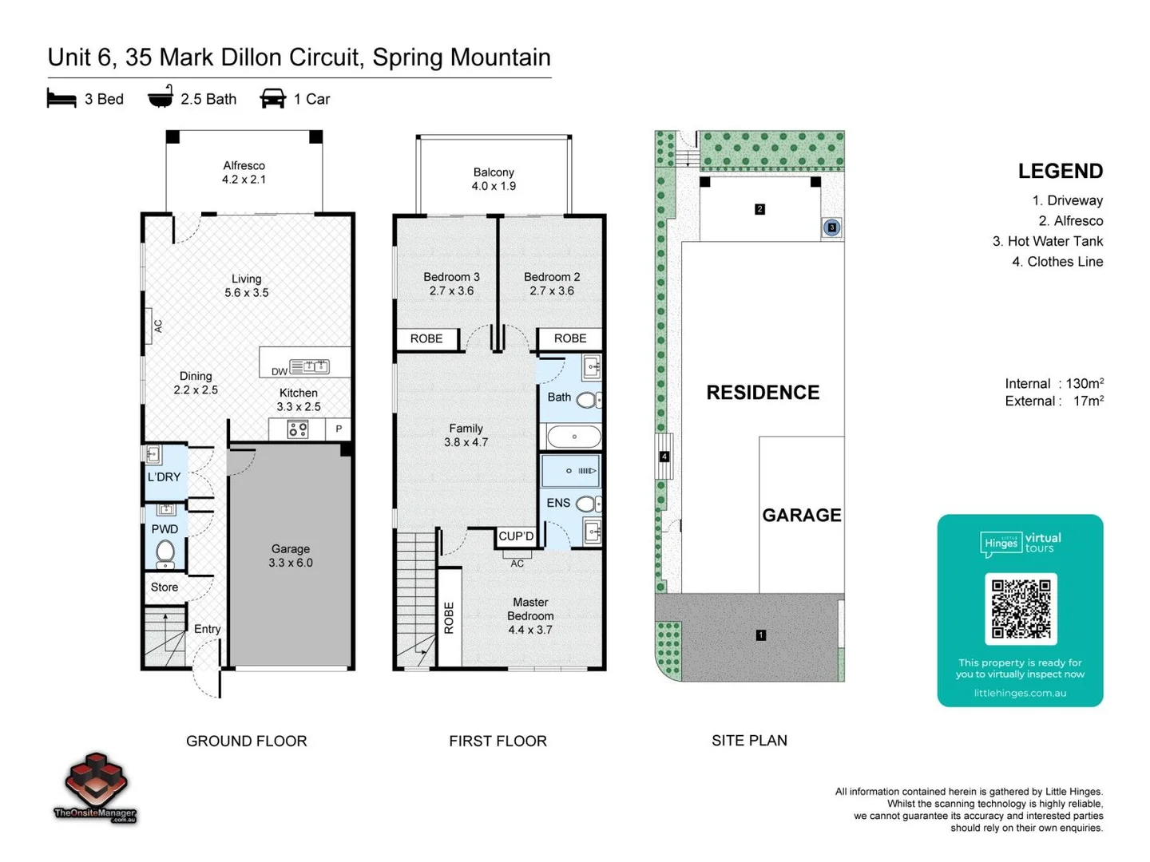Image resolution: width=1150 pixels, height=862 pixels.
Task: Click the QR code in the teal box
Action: tap(1021, 609)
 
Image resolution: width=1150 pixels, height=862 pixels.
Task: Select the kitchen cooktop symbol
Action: tap(298, 429)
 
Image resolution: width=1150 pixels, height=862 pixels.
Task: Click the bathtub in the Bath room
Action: tap(573, 437)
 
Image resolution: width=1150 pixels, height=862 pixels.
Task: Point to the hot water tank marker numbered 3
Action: tap(831, 227)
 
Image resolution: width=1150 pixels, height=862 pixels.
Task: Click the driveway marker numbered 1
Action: tap(761, 635)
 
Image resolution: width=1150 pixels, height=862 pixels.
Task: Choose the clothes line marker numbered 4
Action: tap(664, 457)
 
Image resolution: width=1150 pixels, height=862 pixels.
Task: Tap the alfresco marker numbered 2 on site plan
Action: tap(759, 209)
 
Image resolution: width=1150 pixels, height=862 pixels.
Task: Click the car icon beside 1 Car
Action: tap(272, 98)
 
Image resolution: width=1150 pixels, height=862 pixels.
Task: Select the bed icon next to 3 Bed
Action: tap(61, 98)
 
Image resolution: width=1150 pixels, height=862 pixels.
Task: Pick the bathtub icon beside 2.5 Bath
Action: tap(161, 96)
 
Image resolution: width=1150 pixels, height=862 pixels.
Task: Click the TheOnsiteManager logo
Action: tap(95, 787)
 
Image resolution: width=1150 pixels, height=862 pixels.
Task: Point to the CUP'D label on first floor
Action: tap(516, 536)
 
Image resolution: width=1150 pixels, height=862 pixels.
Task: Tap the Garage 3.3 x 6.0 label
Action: tap(290, 556)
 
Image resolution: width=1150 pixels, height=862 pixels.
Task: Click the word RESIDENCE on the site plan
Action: tap(763, 393)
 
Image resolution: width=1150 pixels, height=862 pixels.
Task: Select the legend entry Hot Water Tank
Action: tap(1048, 241)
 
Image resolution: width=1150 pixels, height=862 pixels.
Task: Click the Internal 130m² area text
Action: tap(1054, 383)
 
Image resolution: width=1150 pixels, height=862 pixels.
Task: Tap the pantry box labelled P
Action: tap(339, 429)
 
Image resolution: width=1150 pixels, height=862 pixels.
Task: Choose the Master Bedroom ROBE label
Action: tap(449, 618)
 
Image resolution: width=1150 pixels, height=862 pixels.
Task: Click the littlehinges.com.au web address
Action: tap(1020, 693)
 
